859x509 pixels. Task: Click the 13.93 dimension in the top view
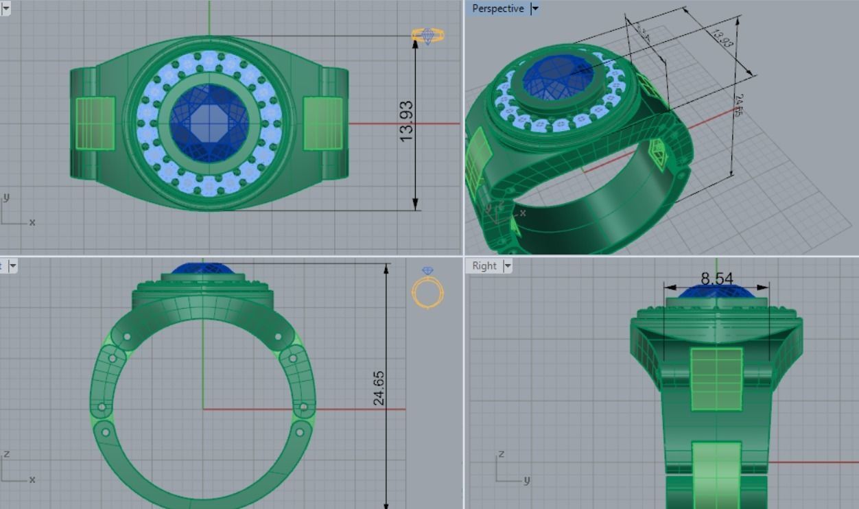point(406,121)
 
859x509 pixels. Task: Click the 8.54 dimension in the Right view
point(716,279)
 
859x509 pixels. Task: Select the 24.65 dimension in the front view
point(379,388)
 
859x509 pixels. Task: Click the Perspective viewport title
point(497,9)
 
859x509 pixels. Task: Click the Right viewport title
point(484,266)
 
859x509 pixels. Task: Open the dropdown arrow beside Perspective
point(535,9)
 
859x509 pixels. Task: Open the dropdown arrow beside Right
point(508,266)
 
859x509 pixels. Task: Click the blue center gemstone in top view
point(209,123)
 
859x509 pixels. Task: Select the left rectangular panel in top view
point(95,123)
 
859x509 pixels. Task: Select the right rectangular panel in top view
point(322,123)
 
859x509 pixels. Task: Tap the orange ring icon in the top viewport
point(427,35)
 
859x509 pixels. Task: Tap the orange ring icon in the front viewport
point(427,289)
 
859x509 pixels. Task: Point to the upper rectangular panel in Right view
point(716,379)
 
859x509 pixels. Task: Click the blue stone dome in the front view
point(203,269)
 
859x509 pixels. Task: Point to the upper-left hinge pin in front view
point(127,337)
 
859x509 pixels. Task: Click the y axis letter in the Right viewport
point(526,480)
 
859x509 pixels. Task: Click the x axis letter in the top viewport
point(32,222)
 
